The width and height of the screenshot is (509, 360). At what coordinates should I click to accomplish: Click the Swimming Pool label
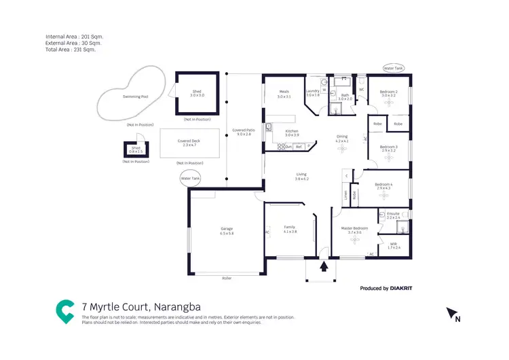[x=136, y=97]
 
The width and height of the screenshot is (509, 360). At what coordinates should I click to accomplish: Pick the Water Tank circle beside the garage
[x=191, y=179]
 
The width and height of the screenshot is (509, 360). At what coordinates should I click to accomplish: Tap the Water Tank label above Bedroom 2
[x=393, y=69]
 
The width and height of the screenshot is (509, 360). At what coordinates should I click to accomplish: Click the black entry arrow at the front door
[x=324, y=266]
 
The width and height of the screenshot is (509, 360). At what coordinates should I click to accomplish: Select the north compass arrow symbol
[x=451, y=313]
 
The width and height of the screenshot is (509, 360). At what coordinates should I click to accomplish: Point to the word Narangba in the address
[x=178, y=307]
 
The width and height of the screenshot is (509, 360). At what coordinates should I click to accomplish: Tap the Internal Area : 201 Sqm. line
[x=75, y=36]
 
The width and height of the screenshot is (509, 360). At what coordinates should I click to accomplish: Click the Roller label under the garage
[x=226, y=278]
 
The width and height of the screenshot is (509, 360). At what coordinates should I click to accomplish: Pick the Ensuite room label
[x=394, y=215]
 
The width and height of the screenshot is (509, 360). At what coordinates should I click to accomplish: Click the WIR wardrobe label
[x=394, y=244]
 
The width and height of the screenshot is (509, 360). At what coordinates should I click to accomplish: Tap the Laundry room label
[x=313, y=92]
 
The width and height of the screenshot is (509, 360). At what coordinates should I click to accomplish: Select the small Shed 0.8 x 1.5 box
[x=136, y=151]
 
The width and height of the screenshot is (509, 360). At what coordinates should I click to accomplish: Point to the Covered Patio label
[x=243, y=132]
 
